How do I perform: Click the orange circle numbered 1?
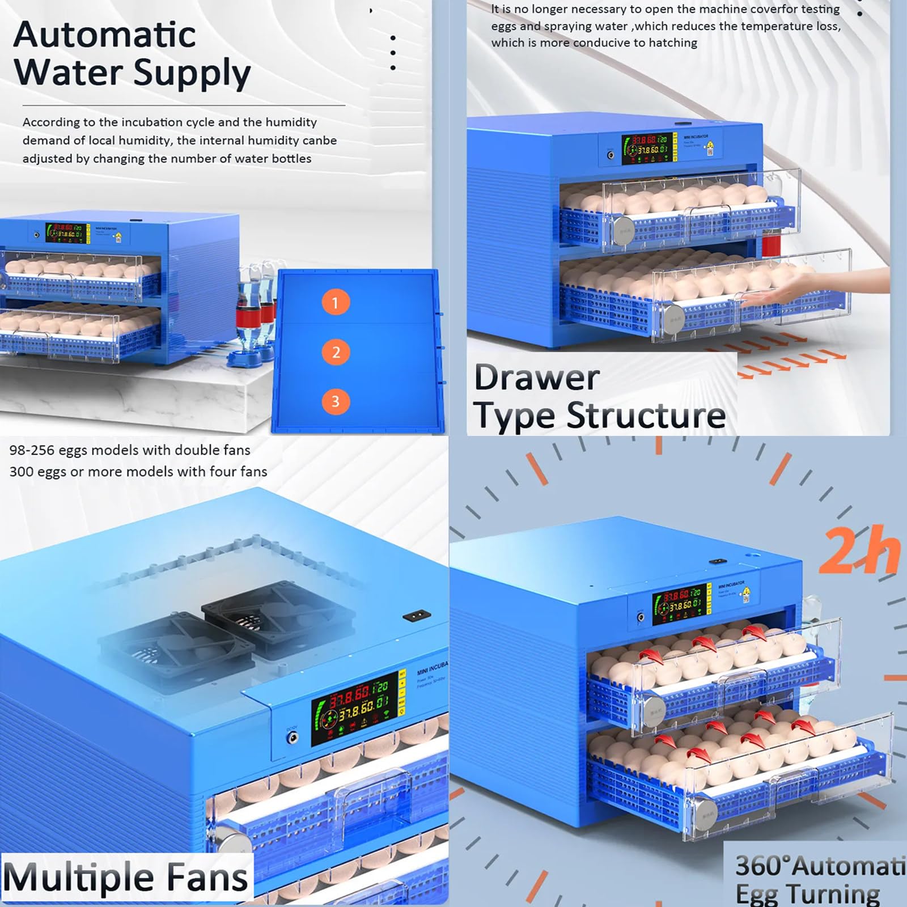click(335, 303)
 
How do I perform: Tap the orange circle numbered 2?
click(336, 353)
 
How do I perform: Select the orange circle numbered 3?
click(335, 402)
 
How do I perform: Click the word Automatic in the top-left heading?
click(104, 35)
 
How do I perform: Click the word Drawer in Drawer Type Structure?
click(536, 378)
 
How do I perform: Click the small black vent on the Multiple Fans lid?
click(417, 615)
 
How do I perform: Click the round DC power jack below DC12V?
click(292, 738)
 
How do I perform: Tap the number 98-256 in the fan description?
click(32, 451)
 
